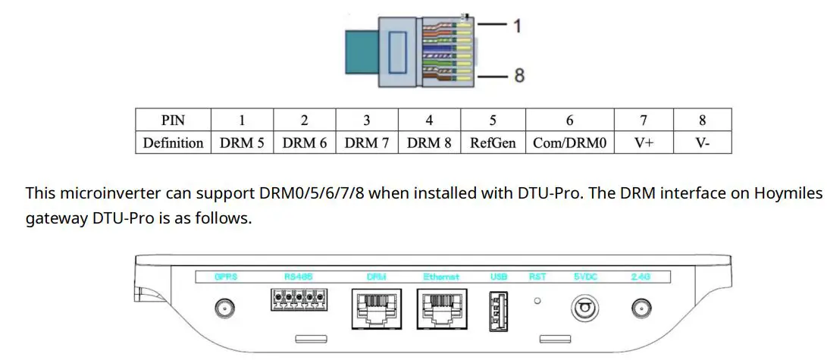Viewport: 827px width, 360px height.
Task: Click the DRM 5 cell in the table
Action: (x=242, y=142)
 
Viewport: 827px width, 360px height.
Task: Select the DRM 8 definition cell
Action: (x=428, y=142)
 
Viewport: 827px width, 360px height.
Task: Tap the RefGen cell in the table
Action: (x=493, y=142)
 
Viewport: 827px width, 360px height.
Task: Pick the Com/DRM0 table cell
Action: (x=569, y=142)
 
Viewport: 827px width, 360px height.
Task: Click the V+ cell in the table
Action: (x=644, y=142)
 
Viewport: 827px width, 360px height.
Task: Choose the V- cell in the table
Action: (x=702, y=142)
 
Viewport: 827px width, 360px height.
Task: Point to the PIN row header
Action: (x=173, y=120)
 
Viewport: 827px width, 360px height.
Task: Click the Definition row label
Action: (x=173, y=142)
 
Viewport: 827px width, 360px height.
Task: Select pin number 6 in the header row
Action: (x=569, y=120)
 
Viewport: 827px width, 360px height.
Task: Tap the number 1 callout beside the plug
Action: (x=517, y=25)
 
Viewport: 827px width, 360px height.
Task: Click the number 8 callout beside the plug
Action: (x=518, y=76)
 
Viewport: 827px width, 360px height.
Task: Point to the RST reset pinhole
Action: (x=537, y=301)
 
